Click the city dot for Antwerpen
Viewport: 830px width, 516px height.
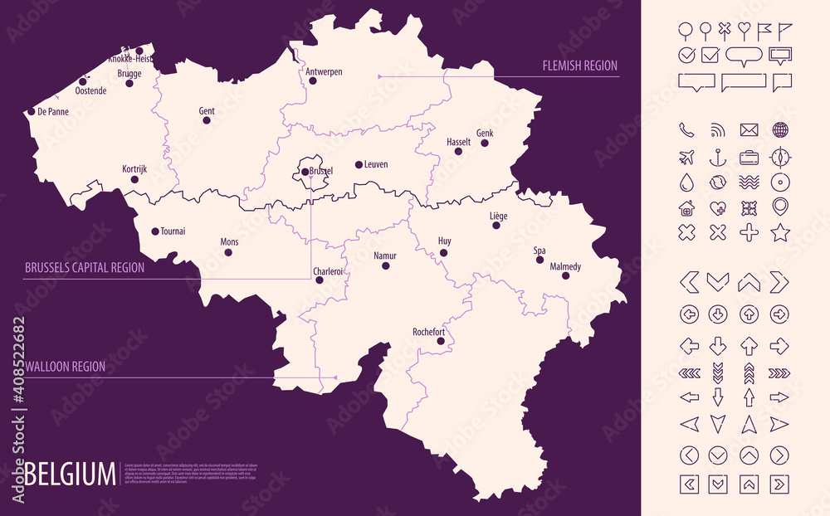(313, 81)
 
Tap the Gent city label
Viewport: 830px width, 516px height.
(207, 111)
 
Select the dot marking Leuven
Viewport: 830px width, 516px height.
(359, 165)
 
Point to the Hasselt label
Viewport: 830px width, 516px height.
(458, 142)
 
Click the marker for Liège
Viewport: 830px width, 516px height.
(499, 226)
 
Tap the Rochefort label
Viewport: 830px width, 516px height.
(429, 332)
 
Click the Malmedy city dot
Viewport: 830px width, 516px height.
(565, 275)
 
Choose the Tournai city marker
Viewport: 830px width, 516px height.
(155, 231)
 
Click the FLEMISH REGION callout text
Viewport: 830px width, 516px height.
(579, 66)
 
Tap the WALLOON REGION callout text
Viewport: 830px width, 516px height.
(65, 366)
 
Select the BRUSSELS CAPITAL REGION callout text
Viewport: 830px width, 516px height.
(85, 268)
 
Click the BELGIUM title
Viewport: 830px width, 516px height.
(71, 475)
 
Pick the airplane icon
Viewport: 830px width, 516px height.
(686, 157)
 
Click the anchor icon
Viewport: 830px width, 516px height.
(717, 157)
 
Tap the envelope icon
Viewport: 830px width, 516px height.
(749, 130)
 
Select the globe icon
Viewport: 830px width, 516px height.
(780, 130)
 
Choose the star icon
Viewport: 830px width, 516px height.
(780, 232)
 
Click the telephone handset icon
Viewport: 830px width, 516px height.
(686, 130)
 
